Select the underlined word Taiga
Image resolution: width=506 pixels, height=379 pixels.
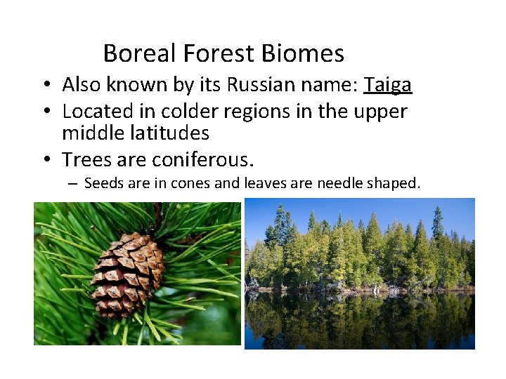(x=387, y=85)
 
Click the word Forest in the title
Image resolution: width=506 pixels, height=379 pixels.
(x=219, y=53)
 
